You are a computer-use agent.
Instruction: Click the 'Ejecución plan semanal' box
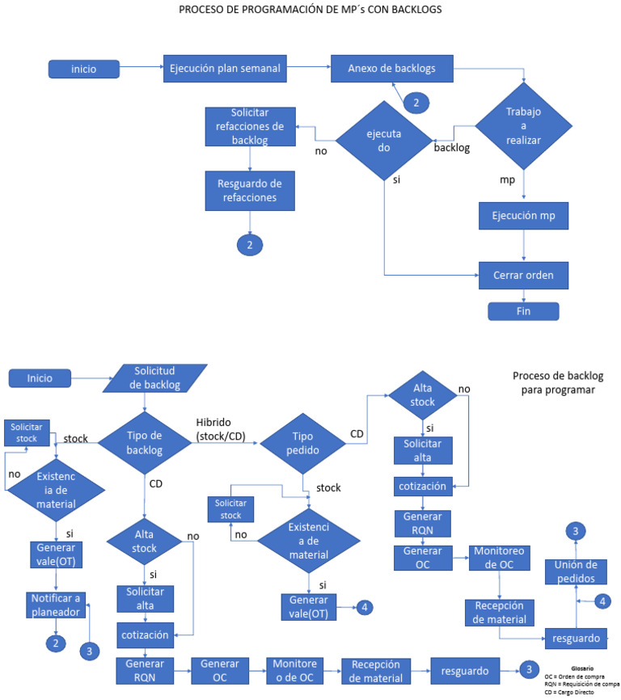[x=225, y=69]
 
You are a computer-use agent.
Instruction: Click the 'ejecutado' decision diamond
[x=384, y=142]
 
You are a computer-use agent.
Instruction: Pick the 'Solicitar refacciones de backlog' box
[x=250, y=127]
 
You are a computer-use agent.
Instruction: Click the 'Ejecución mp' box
[x=524, y=217]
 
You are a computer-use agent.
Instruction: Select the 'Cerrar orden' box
[x=524, y=274]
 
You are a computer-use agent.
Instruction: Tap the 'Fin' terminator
[x=523, y=311]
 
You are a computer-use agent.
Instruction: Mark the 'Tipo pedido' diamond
[x=304, y=443]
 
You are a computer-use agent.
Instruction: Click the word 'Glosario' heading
[x=582, y=668]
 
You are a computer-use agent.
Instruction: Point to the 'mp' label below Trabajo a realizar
[x=508, y=180]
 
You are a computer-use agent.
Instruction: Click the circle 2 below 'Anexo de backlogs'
[x=416, y=103]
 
